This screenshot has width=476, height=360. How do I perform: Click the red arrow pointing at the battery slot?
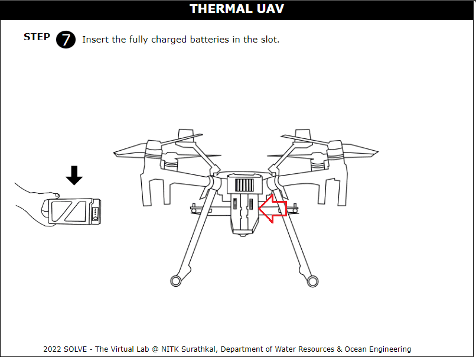(x=272, y=209)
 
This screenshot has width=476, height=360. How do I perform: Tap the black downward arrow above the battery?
(x=74, y=176)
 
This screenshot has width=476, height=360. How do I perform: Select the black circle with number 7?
(x=66, y=40)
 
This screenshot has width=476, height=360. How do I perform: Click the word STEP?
(x=37, y=37)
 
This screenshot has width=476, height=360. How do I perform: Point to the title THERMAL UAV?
(x=237, y=9)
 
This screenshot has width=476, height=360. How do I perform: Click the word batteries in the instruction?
(x=210, y=40)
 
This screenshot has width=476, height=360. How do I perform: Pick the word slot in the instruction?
(x=269, y=40)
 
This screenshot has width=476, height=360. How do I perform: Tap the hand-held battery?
(x=71, y=212)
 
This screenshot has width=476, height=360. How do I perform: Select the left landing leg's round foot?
(x=176, y=281)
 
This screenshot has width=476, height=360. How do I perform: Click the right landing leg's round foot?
(x=312, y=281)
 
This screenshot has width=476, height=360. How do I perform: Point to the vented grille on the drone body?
(x=244, y=185)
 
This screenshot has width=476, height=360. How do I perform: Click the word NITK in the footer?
(x=169, y=349)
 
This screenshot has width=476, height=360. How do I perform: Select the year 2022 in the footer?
(x=52, y=349)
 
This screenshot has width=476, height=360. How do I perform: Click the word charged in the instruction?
(x=169, y=40)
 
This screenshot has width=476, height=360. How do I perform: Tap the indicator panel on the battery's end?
(x=95, y=213)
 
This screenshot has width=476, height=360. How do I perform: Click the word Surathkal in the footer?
(x=198, y=349)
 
